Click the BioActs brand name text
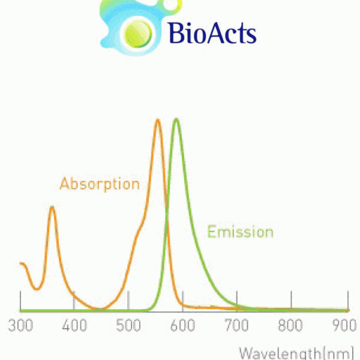point(212,33)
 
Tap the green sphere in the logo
point(138,34)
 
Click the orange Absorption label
point(100,184)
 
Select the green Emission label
point(241,232)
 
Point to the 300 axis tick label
point(20,326)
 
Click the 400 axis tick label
point(74,326)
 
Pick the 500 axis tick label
point(128,326)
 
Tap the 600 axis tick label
point(182,326)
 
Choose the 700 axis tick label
point(236,326)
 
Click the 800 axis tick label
point(290,326)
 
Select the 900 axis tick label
point(344,326)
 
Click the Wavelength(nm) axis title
point(296,353)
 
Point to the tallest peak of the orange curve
point(158,120)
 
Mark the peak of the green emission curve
point(176,119)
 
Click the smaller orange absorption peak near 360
point(52,208)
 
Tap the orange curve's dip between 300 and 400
point(37,289)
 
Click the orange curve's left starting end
point(20,263)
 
